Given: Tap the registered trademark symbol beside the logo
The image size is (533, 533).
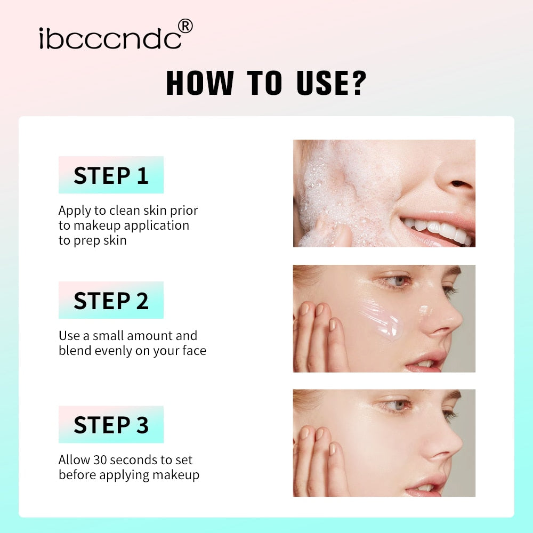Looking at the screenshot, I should pyautogui.click(x=184, y=26).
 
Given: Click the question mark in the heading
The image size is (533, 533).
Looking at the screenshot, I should pyautogui.click(x=356, y=83).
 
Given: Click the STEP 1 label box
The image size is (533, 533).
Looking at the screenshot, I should pyautogui.click(x=111, y=175).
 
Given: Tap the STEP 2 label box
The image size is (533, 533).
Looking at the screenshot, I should pyautogui.click(x=111, y=300).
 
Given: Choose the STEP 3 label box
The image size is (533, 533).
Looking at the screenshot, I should pyautogui.click(x=111, y=424).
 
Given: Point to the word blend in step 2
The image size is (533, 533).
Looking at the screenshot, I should pyautogui.click(x=74, y=350).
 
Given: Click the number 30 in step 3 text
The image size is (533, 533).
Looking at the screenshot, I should pyautogui.click(x=100, y=459).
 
